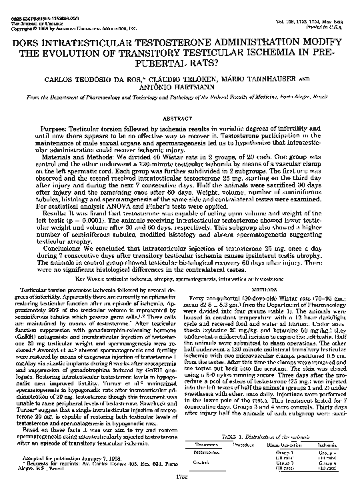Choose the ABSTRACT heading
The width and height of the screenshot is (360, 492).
pyautogui.click(x=179, y=117)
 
